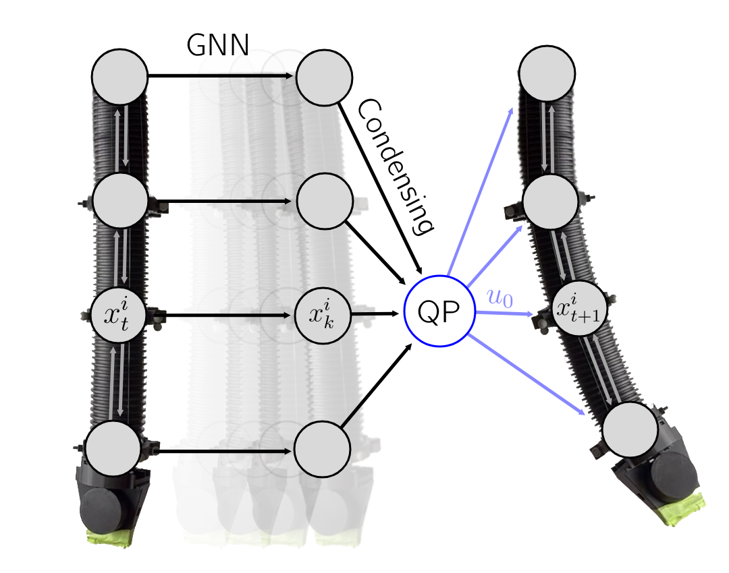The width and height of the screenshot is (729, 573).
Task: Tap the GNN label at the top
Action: click(217, 46)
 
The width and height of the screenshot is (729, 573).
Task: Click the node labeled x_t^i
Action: click(120, 315)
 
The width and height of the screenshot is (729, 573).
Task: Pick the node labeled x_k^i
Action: click(323, 315)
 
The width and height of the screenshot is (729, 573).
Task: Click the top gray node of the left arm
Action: click(119, 76)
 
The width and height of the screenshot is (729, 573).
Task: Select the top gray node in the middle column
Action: click(324, 76)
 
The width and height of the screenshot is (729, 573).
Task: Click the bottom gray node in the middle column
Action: click(323, 450)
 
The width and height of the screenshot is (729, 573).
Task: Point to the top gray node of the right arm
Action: click(547, 73)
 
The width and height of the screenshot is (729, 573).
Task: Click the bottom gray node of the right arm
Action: click(630, 429)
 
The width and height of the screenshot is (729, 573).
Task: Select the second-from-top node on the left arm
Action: click(120, 200)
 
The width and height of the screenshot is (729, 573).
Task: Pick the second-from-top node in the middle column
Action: click(325, 200)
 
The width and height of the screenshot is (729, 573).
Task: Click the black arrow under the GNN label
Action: click(221, 76)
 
